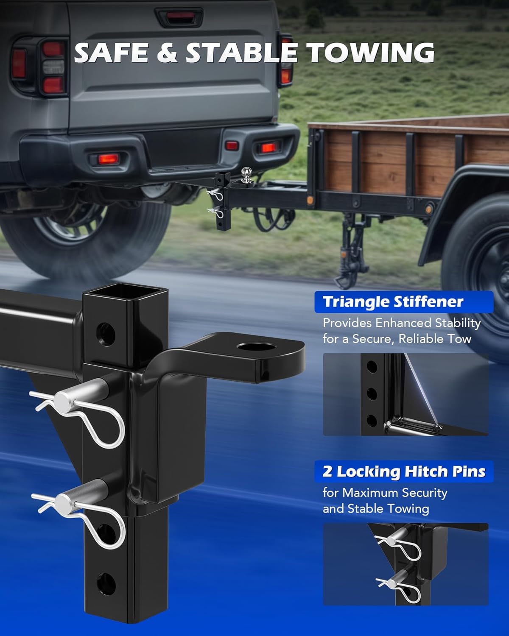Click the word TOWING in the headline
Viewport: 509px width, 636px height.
[x=370, y=53]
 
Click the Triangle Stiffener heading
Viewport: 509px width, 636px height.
[x=393, y=302]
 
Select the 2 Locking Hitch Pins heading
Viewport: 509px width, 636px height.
[x=404, y=471]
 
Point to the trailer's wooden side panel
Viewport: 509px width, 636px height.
[x=382, y=157]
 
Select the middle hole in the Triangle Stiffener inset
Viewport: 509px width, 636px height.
[x=372, y=394]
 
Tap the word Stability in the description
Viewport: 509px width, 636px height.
[x=458, y=323]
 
